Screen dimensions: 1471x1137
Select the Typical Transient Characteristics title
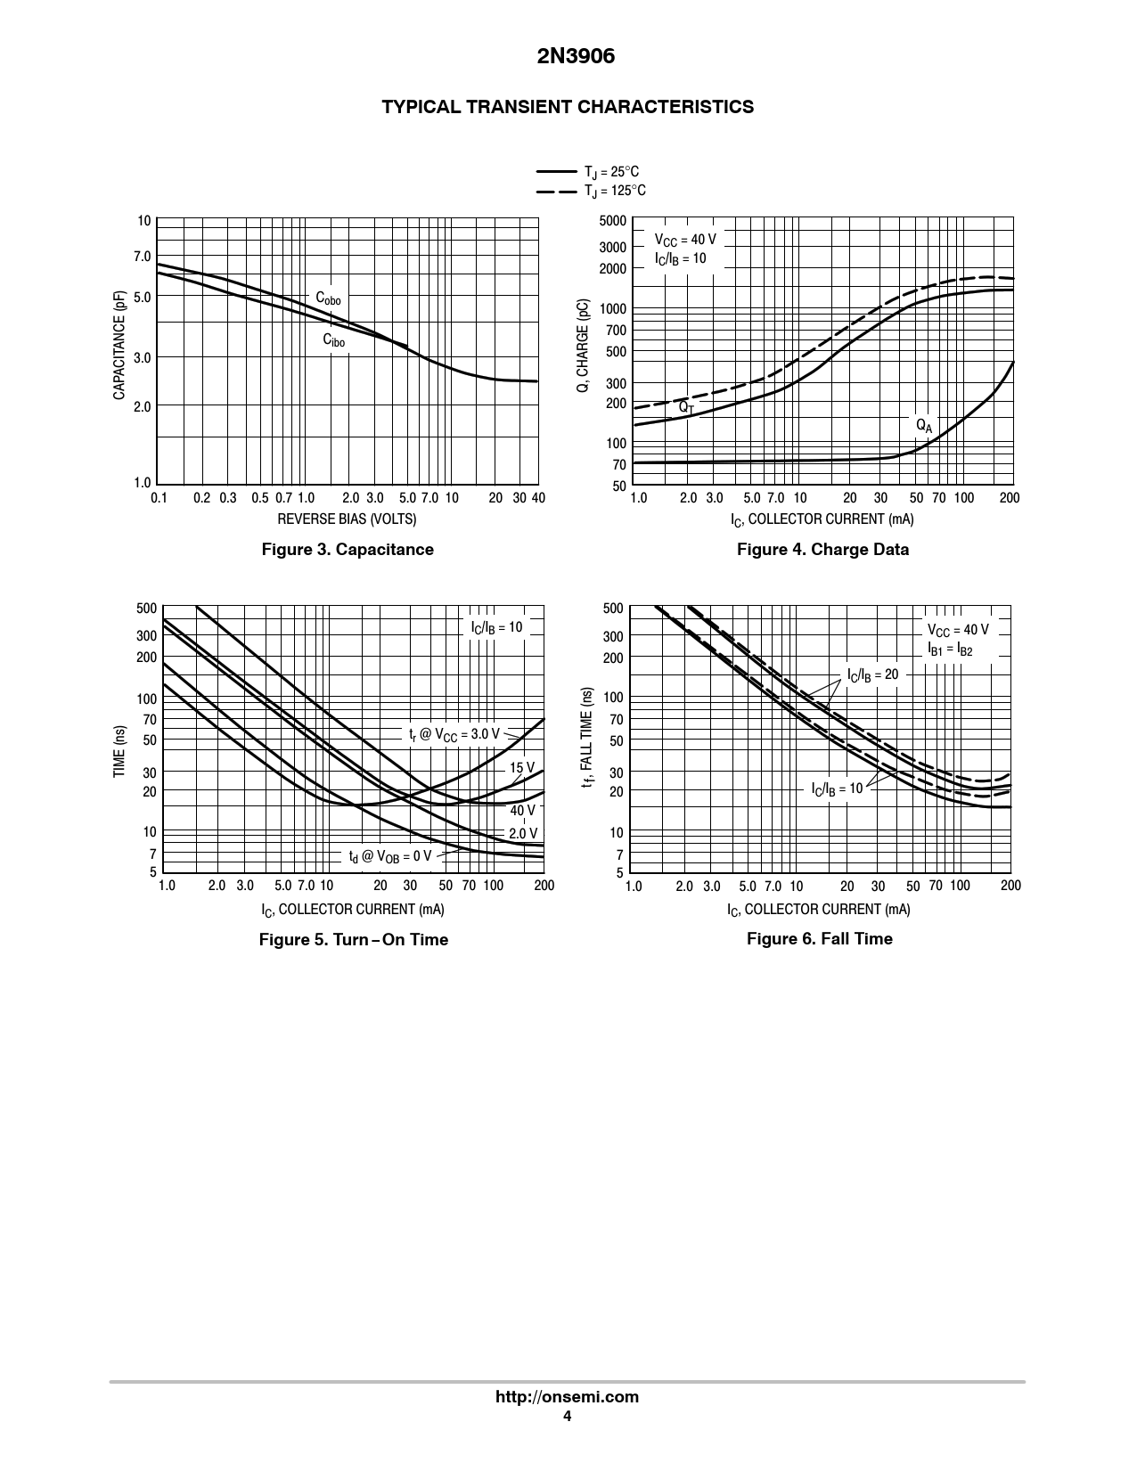pyautogui.click(x=568, y=107)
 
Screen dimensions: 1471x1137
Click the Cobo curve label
pyautogui.click(x=328, y=298)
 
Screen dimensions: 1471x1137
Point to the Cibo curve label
pyautogui.click(x=333, y=340)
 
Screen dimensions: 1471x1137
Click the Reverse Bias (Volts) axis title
pyautogui.click(x=347, y=519)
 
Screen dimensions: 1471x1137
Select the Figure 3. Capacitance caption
pyautogui.click(x=347, y=550)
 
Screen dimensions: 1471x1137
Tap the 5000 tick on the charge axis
pyautogui.click(x=613, y=221)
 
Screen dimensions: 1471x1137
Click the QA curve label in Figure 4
pyautogui.click(x=924, y=426)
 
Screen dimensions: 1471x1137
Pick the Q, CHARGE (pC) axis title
pyautogui.click(x=584, y=345)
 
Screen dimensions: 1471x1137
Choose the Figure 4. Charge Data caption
pyautogui.click(x=822, y=550)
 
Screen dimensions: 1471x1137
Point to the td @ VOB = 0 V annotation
pyautogui.click(x=389, y=857)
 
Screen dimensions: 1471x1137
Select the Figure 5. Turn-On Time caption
pyautogui.click(x=353, y=940)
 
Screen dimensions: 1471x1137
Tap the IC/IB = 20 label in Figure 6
pyautogui.click(x=872, y=675)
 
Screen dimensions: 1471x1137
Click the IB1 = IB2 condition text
pyautogui.click(x=950, y=650)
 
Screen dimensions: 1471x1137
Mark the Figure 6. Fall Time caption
pyautogui.click(x=819, y=939)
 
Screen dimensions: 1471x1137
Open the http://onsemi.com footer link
pyautogui.click(x=567, y=1397)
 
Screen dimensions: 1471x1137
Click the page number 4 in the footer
pyautogui.click(x=567, y=1417)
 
